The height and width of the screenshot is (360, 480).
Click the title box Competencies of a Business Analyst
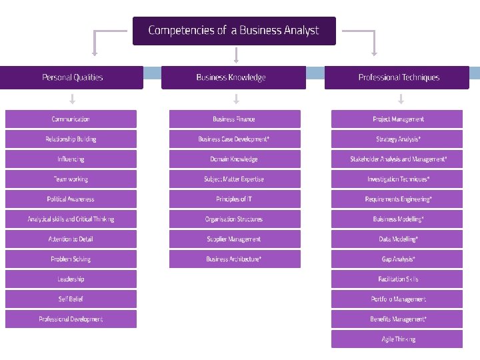click(234, 31)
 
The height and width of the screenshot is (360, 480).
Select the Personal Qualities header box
click(72, 77)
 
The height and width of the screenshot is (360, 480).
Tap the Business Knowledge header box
click(233, 77)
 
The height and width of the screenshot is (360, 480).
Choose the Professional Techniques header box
click(399, 77)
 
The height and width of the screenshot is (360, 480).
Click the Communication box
click(71, 119)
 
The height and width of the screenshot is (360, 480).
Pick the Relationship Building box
click(71, 139)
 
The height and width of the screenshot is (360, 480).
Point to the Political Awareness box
click(71, 199)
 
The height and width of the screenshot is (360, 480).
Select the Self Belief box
click(71, 299)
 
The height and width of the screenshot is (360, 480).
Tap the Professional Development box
click(71, 319)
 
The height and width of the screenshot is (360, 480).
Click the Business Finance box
click(234, 119)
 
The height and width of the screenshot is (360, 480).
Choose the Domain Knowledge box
click(234, 159)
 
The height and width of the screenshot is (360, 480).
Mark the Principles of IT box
click(234, 199)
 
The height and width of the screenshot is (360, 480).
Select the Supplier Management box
click(234, 239)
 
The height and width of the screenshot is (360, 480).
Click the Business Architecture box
click(234, 259)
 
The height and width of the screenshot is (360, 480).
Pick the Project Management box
click(397, 119)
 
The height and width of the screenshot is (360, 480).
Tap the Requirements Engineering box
click(397, 199)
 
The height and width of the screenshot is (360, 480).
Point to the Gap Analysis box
click(397, 259)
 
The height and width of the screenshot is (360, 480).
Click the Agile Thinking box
click(397, 339)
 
